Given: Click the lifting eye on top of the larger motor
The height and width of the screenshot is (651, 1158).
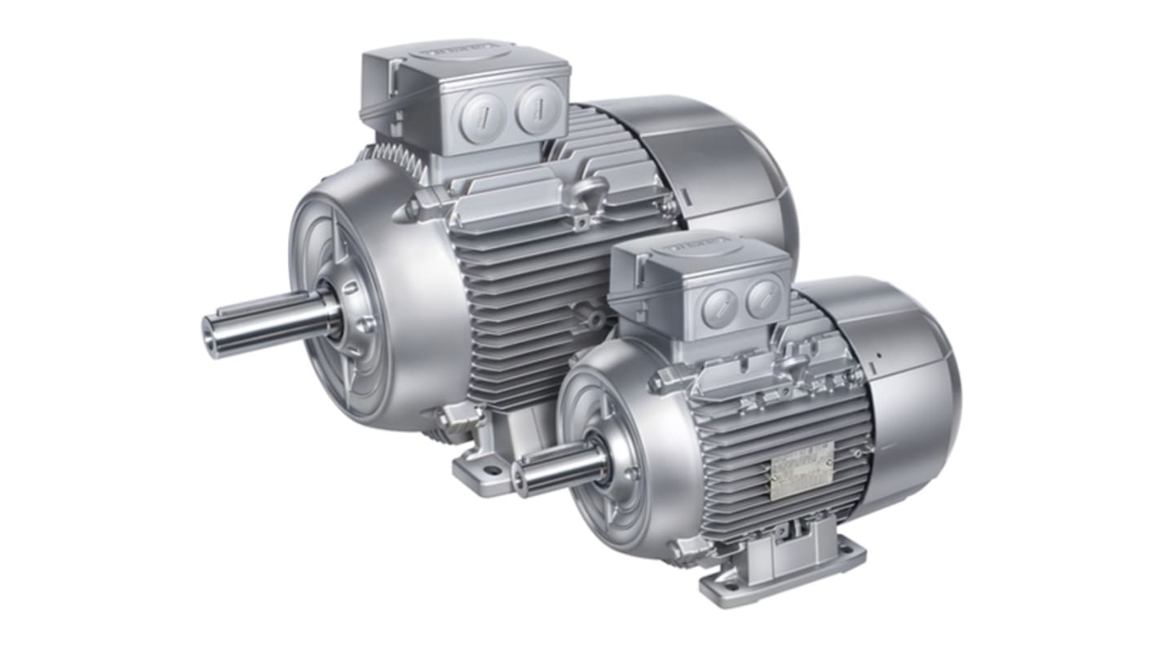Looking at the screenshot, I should pos(586,195).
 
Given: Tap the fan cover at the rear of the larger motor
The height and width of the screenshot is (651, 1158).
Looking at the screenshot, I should pos(718,163).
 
